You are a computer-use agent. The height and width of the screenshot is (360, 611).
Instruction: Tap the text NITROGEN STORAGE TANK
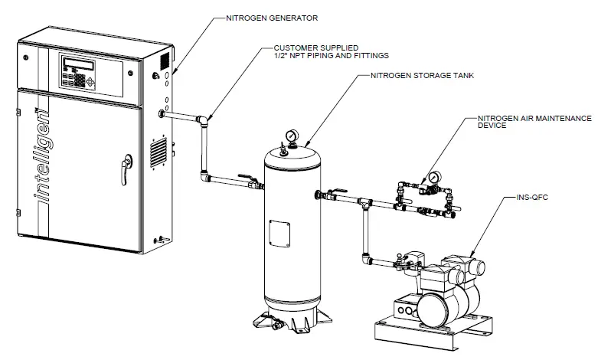click(420, 77)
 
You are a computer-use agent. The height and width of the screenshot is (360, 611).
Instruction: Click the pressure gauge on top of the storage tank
click(292, 136)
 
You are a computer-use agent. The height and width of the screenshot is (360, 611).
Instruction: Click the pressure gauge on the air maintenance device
click(434, 178)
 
